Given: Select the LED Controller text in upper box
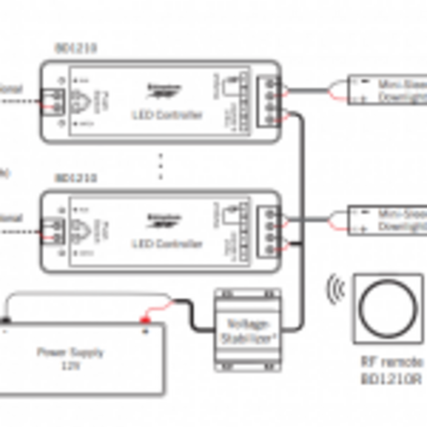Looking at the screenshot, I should click(167, 115).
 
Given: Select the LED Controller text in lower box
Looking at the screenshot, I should click(167, 244).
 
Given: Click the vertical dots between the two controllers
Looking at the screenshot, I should click(161, 167).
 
